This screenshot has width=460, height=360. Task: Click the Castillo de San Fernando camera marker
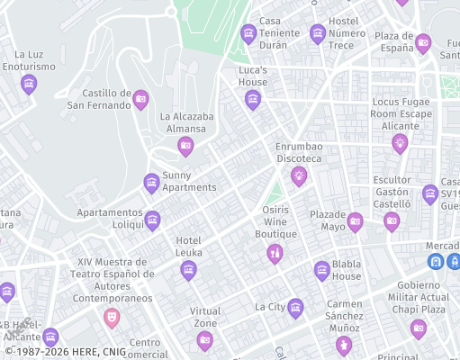[x=140, y=99]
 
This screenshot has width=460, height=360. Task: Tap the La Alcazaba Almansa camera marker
[x=185, y=145]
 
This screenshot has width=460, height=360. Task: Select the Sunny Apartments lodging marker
[x=152, y=183]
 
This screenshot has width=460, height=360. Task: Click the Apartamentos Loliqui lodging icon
[x=152, y=219]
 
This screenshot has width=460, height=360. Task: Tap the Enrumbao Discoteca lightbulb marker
[x=299, y=175]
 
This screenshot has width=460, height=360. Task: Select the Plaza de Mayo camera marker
[x=355, y=220]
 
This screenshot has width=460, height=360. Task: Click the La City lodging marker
[x=295, y=308]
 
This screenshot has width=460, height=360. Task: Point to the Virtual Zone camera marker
[x=205, y=339]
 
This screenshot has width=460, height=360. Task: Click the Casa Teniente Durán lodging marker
[x=248, y=34]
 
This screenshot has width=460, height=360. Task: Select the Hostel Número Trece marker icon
[x=317, y=33]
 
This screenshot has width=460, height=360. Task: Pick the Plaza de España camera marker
[x=423, y=41]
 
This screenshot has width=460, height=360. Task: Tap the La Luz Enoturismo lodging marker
[x=29, y=84]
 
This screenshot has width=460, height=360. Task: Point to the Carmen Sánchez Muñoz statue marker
[x=343, y=345]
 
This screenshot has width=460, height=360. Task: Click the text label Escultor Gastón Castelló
[x=392, y=192]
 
